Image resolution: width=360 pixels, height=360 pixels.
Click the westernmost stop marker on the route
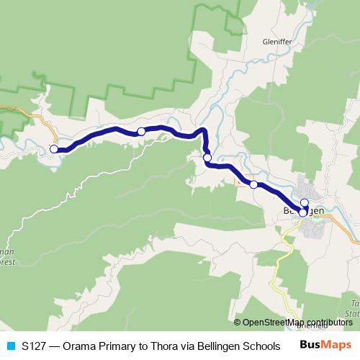(53, 149)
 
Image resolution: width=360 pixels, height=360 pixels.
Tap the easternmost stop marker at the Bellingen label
(302, 212)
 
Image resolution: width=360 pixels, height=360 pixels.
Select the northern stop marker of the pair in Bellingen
(305, 202)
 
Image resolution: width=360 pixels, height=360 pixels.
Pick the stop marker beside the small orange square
(253, 184)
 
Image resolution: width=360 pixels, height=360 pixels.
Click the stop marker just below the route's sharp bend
(207, 158)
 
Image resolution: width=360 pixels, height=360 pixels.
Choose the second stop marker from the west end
(141, 131)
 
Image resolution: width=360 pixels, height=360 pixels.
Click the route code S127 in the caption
(35, 345)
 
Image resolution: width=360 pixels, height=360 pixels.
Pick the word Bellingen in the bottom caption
(217, 345)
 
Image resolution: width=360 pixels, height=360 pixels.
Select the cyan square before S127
(10, 345)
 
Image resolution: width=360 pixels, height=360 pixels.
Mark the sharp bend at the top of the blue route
(204, 130)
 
